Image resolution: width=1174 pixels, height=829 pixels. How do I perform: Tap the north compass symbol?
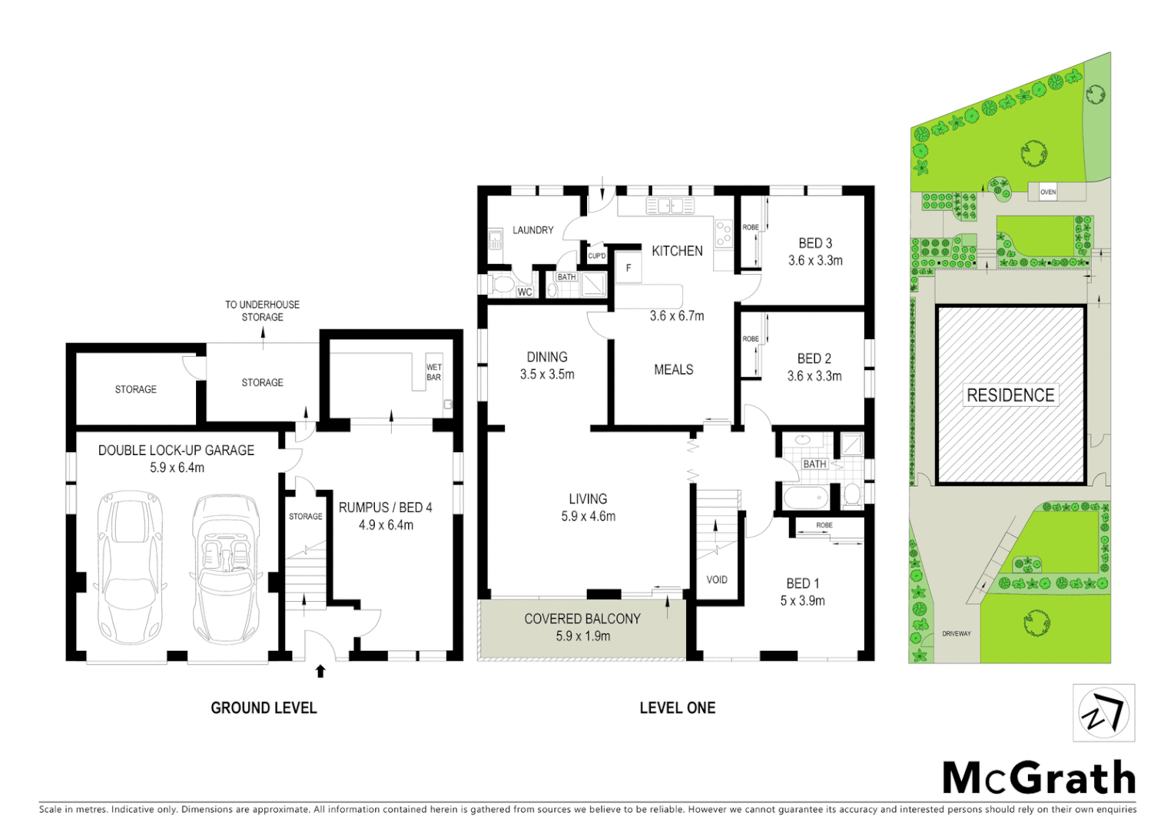(x=1103, y=713)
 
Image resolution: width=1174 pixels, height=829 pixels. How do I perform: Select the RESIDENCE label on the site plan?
(x=1010, y=395)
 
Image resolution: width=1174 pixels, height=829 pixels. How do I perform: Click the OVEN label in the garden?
(x=1048, y=192)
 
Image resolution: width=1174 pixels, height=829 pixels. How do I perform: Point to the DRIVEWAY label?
(x=957, y=633)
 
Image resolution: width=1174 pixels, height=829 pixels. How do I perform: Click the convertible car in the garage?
(x=226, y=568)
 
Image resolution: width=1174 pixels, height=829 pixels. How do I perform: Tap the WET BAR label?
(x=434, y=372)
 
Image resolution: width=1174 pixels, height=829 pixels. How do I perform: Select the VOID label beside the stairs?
(x=717, y=580)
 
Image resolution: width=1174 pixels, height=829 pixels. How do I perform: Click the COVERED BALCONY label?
(x=582, y=619)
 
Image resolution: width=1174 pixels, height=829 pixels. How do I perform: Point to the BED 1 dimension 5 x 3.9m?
(x=802, y=601)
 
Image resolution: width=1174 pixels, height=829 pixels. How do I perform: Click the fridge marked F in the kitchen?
(x=628, y=268)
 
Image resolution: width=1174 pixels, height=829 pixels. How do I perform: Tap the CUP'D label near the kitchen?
(x=597, y=256)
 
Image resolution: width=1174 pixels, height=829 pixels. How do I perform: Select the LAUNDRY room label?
(x=532, y=230)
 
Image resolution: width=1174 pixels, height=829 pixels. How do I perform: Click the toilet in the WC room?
(x=502, y=286)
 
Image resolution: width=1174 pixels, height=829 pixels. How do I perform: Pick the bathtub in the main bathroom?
(x=806, y=497)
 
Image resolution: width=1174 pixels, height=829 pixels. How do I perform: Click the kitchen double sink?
(x=669, y=206)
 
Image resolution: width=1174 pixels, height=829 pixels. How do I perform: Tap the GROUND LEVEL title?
(x=264, y=708)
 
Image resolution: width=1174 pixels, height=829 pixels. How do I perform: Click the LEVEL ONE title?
(x=677, y=708)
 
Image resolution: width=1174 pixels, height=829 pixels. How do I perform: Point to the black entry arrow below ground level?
(x=320, y=672)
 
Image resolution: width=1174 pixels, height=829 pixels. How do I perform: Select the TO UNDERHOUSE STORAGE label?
(x=262, y=311)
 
